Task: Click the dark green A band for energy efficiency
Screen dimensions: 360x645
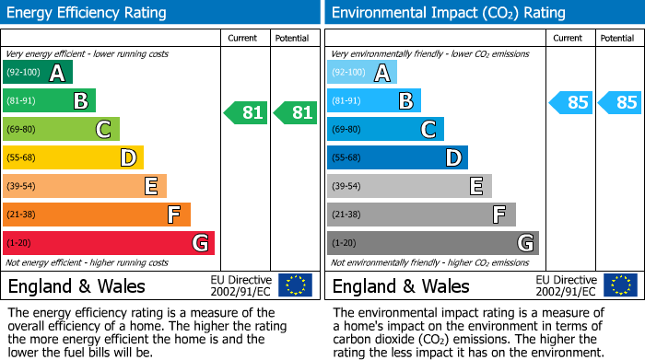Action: tap(37, 73)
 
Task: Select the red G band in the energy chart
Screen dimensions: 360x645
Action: tap(109, 243)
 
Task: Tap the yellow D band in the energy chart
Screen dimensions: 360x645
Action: tap(73, 157)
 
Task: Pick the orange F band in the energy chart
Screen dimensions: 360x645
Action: tap(97, 215)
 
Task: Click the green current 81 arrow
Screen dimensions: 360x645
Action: tap(247, 113)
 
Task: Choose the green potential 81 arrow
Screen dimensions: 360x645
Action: tap(296, 113)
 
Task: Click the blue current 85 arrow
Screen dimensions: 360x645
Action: tap(571, 102)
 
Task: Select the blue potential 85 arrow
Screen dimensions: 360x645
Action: tap(620, 102)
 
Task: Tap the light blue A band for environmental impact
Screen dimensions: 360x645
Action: tap(362, 73)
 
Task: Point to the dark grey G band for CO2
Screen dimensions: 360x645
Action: tap(433, 243)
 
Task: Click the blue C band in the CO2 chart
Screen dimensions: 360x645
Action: tap(385, 130)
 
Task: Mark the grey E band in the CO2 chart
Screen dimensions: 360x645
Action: tap(409, 186)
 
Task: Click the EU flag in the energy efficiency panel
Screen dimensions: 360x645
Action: tap(295, 285)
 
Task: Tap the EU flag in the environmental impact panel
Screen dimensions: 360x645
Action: tap(619, 285)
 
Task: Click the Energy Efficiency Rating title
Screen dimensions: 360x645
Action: tap(87, 13)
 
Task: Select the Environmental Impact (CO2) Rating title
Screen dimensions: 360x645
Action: tap(448, 13)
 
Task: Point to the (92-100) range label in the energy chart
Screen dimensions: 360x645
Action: tap(23, 73)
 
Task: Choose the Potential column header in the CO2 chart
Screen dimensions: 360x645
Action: tap(617, 39)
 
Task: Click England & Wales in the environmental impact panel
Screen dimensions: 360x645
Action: tap(401, 285)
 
